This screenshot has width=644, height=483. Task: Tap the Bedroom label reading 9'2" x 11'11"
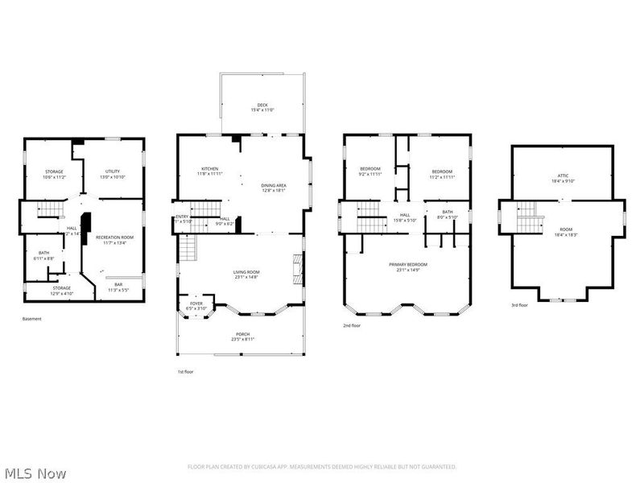pos(369,171)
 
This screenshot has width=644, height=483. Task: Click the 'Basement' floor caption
pos(31,319)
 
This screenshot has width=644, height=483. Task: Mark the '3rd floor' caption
pos(521,306)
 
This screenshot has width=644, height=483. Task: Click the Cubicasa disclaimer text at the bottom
pos(322,467)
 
